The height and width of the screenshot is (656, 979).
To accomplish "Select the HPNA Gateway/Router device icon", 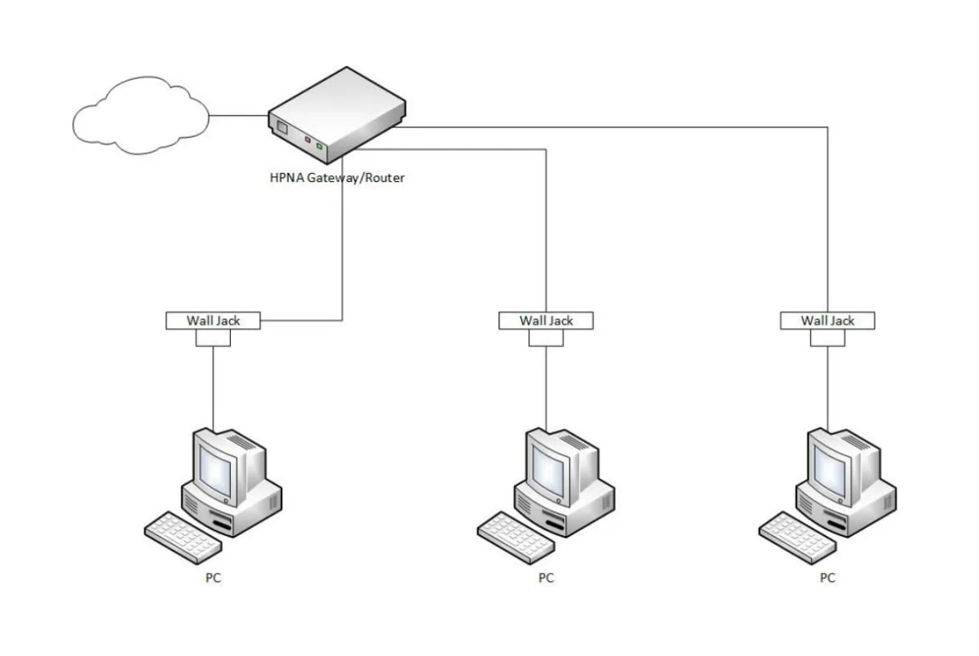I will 334,114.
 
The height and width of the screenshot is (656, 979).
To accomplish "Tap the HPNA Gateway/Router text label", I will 336,177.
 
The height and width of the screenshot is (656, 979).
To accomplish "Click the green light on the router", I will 320,147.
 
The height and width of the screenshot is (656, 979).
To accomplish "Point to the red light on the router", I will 308,140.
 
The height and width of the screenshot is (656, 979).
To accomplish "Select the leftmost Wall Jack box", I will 213,321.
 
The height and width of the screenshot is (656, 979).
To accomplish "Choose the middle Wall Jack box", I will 546,321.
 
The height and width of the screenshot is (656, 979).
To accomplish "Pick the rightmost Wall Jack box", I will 827,321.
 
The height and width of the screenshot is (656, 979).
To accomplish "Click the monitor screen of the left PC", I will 218,471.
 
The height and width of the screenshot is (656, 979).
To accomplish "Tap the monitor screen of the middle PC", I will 551,471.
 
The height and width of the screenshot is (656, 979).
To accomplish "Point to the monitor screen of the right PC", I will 832,471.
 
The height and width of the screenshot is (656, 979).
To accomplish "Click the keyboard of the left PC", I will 179,535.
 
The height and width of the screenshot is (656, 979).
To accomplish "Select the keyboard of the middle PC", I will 512,535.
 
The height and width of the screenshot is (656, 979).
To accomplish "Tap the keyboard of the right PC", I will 794,535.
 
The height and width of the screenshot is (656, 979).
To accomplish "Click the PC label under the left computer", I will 213,578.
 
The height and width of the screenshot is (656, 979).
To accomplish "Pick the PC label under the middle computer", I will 546,578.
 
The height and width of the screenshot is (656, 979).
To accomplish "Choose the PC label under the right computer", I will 827,578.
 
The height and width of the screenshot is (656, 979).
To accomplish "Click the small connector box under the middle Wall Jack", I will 546,338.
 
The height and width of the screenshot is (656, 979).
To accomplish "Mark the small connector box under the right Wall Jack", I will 827,338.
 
